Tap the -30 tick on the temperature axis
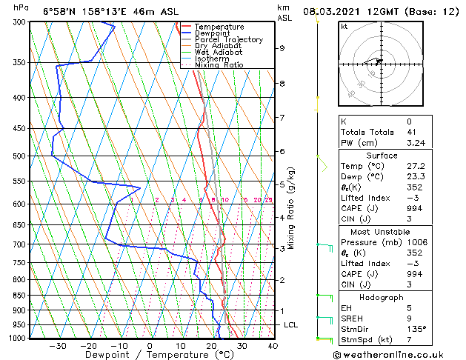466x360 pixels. pos(57,346)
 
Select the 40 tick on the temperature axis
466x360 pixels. pos(273,346)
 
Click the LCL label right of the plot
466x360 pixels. pos(291,325)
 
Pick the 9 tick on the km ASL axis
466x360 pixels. pos(282,48)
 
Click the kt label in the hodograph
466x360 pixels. pos(344,27)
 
